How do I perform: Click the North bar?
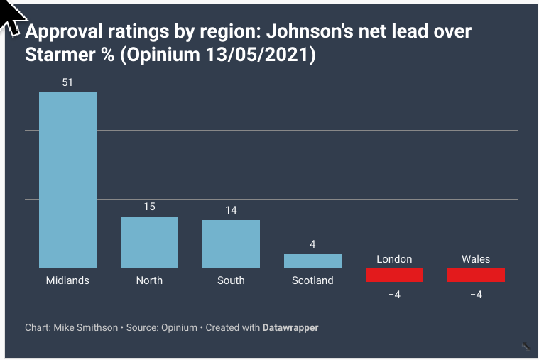(149, 242)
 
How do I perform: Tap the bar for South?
(231, 244)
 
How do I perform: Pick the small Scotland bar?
(312, 261)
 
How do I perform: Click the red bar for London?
(394, 275)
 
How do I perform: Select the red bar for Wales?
(476, 275)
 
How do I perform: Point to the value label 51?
(67, 82)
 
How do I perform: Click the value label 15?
(149, 207)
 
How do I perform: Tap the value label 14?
(231, 210)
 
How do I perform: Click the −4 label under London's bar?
(394, 295)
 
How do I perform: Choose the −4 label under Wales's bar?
(476, 295)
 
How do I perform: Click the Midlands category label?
(67, 280)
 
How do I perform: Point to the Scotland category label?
(312, 280)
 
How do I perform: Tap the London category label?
(394, 259)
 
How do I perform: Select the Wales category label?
(476, 259)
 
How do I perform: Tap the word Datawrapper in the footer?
(290, 328)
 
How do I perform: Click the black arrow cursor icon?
(11, 18)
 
